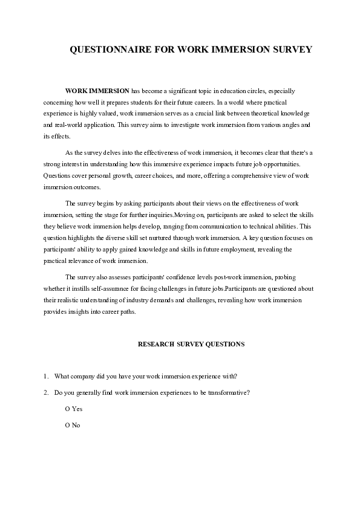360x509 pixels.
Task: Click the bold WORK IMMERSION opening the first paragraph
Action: pyautogui.click(x=97, y=90)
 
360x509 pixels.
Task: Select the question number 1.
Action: pyautogui.click(x=45, y=376)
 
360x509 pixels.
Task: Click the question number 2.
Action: pyautogui.click(x=45, y=392)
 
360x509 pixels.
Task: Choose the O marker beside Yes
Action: pyautogui.click(x=67, y=409)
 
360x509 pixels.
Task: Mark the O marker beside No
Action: pyautogui.click(x=67, y=426)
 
